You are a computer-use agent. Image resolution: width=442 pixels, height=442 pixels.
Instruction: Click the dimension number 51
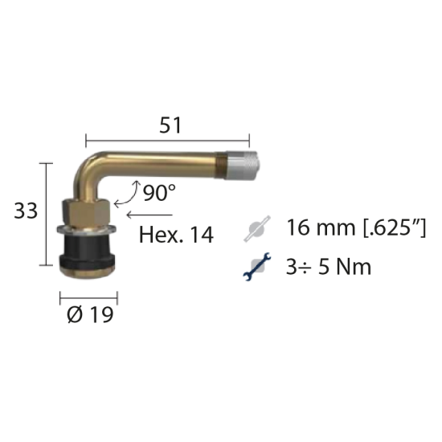[x=170, y=125]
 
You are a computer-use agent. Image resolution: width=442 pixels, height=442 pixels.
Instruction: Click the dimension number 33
[x=26, y=211]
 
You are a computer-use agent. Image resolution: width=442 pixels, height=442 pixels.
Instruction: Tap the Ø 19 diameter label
[x=90, y=314]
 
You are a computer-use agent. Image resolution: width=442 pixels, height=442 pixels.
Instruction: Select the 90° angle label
[x=159, y=193]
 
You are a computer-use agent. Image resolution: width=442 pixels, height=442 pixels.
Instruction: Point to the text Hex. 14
[x=176, y=235]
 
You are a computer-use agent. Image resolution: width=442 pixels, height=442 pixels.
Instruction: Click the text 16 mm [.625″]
[x=356, y=227]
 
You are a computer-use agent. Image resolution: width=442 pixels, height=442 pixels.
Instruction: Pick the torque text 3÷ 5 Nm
[x=329, y=267]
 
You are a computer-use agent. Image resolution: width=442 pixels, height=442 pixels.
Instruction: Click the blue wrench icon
[x=257, y=267]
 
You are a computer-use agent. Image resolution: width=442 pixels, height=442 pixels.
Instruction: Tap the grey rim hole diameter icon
[x=257, y=228]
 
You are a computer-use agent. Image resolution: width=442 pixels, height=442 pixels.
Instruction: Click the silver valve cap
[x=242, y=166]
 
